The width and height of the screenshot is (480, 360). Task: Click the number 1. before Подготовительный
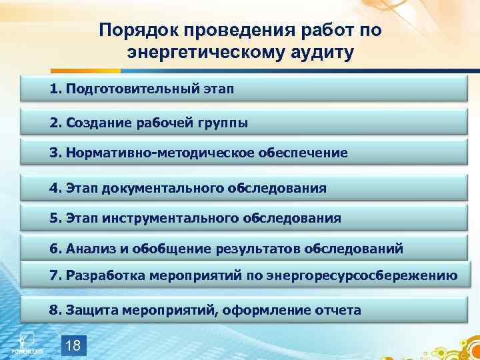(x=55, y=89)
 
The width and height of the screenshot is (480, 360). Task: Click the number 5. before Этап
(x=55, y=218)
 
